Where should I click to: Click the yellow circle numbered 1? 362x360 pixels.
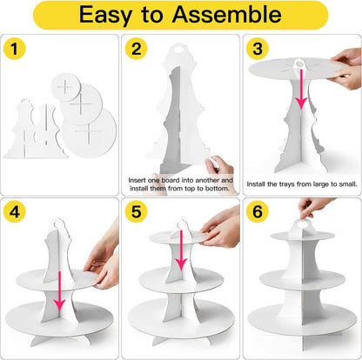[x=15, y=49]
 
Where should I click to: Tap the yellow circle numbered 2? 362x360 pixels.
[x=136, y=49]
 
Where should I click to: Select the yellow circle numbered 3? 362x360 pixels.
[x=258, y=49]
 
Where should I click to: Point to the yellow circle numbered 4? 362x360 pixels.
[x=15, y=211]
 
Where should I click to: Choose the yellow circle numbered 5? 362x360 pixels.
[x=136, y=211]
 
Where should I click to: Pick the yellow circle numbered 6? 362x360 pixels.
[x=258, y=211]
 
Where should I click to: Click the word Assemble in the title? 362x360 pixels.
[x=226, y=14]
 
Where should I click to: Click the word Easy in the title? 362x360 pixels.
[x=105, y=16]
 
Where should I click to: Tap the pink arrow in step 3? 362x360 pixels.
[x=301, y=89]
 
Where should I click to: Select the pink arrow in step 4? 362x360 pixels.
[x=59, y=291]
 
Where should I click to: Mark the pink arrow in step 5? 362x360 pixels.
[x=181, y=250]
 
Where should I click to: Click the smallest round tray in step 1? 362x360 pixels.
[x=65, y=87]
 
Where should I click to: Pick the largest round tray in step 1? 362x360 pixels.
[x=89, y=132]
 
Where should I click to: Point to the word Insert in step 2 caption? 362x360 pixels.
[x=137, y=180]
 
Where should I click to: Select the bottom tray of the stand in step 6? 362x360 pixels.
[x=302, y=320]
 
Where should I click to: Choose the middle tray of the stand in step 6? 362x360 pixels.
[x=302, y=279]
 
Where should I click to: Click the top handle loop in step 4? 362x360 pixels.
[x=59, y=223]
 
